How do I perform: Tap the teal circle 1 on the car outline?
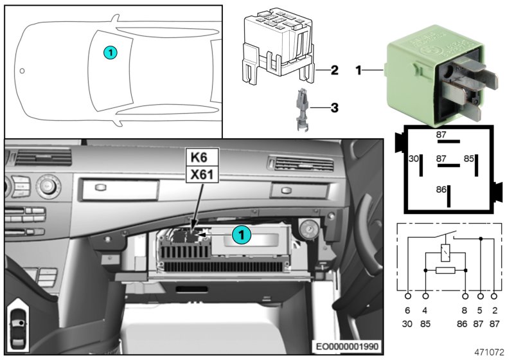[111, 52]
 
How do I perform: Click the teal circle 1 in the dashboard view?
[241, 236]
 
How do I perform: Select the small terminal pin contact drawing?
[301, 110]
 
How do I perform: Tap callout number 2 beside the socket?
[334, 70]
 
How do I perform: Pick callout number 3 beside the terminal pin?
[334, 107]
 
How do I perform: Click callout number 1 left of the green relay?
[359, 70]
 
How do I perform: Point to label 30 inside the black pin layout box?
[414, 157]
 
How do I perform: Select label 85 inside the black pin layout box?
[470, 157]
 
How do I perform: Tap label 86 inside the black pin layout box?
[440, 190]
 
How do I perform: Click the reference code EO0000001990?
[348, 346]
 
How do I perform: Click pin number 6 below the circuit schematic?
[408, 310]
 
